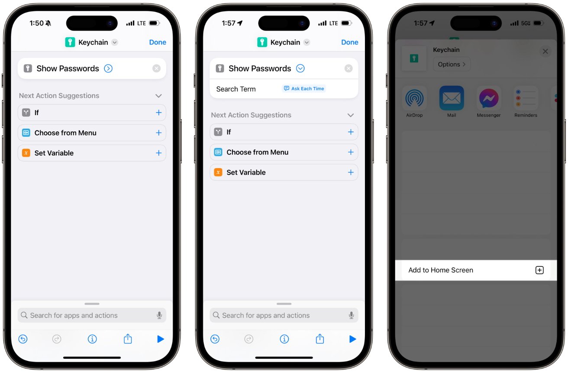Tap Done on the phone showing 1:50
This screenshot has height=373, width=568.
click(158, 42)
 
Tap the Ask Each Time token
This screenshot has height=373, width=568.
click(304, 88)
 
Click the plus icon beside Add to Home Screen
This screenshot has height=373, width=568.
click(539, 270)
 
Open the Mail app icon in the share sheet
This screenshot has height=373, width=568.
click(452, 98)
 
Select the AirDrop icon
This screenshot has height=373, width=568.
click(414, 98)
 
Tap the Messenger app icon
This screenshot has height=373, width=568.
click(489, 98)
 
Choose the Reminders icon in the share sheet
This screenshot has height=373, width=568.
click(526, 98)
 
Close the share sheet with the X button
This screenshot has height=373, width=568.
click(545, 52)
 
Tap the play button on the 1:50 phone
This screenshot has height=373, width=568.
click(160, 339)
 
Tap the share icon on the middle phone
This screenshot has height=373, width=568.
click(320, 338)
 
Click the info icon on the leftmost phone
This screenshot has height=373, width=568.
click(92, 339)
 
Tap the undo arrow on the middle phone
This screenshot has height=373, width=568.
click(215, 339)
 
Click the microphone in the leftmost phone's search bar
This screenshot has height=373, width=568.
click(159, 315)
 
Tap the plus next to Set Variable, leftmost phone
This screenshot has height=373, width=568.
click(159, 153)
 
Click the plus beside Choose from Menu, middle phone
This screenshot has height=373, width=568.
click(351, 152)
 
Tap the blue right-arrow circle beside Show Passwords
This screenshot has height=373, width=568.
click(108, 68)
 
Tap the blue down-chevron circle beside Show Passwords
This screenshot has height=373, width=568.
click(300, 68)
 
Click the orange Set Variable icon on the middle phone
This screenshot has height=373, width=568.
click(218, 172)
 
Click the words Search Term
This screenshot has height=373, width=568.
click(236, 89)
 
